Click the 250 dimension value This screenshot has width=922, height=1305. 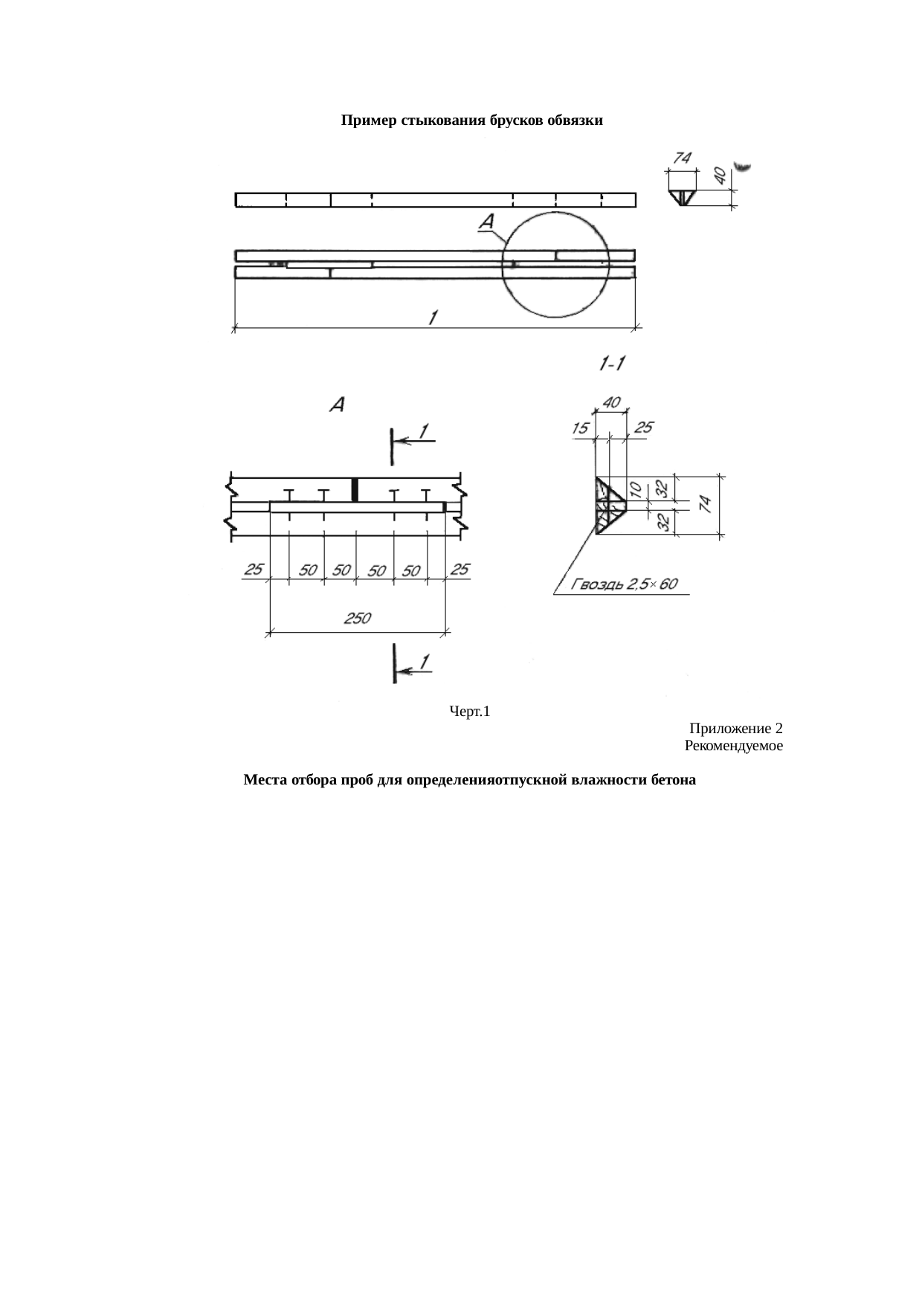click(x=357, y=617)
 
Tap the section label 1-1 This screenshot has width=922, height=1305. click(x=612, y=363)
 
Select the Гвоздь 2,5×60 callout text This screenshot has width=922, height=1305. click(x=625, y=584)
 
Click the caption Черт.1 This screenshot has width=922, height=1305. click(x=470, y=712)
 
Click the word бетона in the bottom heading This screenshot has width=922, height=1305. click(x=673, y=780)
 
